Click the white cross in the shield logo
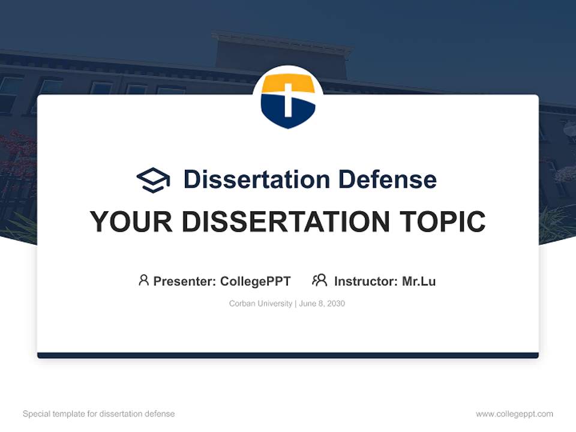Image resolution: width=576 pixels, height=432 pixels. coord(288,99)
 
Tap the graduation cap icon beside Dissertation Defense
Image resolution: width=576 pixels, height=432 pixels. coord(153,179)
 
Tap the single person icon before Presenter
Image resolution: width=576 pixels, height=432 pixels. coord(143,280)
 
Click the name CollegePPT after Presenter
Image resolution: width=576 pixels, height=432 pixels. coord(256,281)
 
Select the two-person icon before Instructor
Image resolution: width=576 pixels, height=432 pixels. coord(319,280)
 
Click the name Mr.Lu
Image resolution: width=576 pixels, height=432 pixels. coord(419,281)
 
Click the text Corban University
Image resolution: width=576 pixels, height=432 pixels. coord(260,304)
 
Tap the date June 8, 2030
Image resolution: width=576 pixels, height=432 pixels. coord(322,304)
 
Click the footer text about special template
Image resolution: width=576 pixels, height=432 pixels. coord(98,414)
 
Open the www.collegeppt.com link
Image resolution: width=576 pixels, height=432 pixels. coord(514,414)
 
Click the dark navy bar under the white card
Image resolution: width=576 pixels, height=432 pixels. coord(288,355)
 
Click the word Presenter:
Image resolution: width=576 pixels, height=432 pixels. coord(184,281)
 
